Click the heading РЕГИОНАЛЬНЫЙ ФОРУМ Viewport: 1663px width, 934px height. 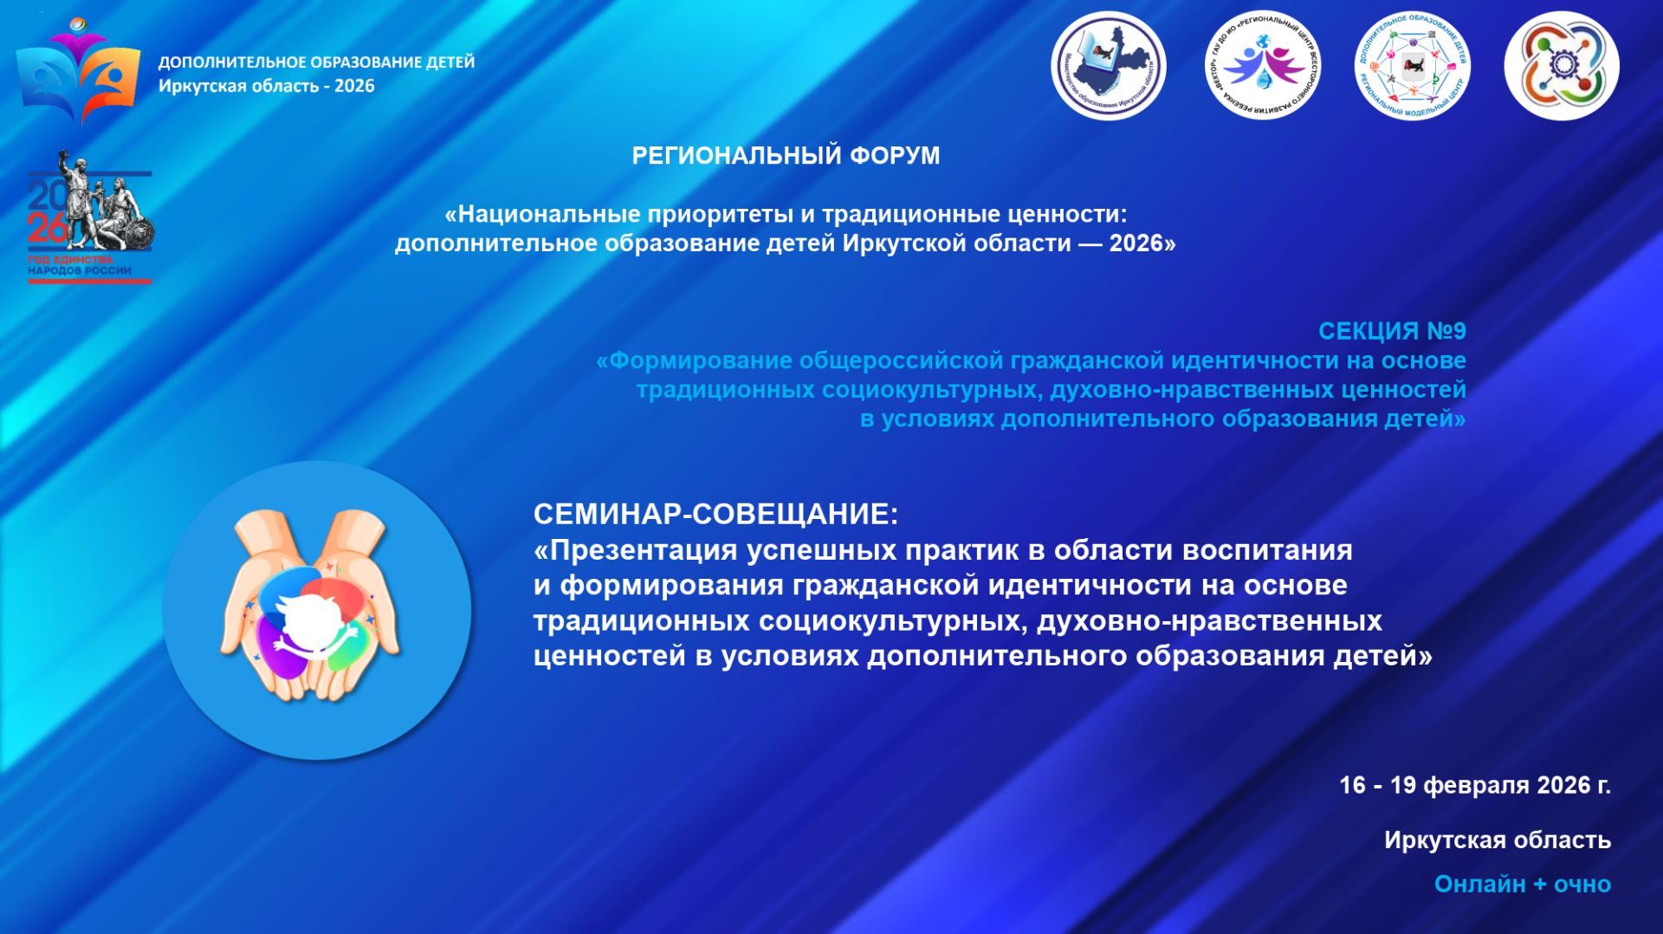786,156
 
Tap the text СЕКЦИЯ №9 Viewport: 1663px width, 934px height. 1391,331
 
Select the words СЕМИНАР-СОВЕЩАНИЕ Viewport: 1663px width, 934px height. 715,514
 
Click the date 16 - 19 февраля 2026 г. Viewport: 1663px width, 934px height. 1474,785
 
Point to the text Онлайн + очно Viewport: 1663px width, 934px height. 1522,884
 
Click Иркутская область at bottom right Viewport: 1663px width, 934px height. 1497,840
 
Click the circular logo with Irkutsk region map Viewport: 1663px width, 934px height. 1108,66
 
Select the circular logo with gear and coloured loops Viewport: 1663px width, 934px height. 1562,66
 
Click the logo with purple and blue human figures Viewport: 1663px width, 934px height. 1262,66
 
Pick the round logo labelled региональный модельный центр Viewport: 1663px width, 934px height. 1412,66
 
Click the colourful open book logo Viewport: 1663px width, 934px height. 78,71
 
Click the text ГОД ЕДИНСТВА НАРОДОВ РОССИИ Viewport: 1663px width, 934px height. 79,265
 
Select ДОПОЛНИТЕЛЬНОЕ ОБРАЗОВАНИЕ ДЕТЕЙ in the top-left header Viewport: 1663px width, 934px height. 316,62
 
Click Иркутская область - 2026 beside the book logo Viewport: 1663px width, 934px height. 266,86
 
